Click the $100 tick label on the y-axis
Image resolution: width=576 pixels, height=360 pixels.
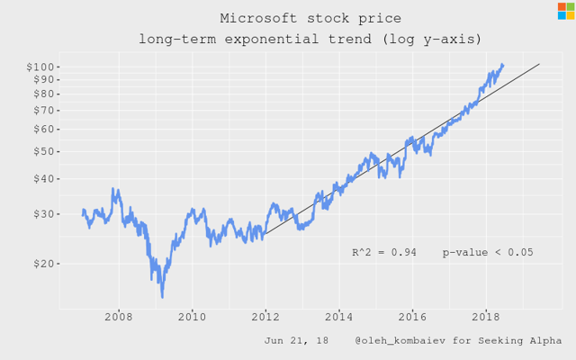(46, 67)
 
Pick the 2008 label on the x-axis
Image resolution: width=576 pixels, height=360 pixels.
(119, 317)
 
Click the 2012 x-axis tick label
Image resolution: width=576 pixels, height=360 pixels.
(265, 317)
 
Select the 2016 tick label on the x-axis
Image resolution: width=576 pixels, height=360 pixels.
(412, 317)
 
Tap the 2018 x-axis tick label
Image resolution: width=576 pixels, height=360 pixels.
(485, 317)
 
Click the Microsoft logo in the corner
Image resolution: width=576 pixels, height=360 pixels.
(565, 11)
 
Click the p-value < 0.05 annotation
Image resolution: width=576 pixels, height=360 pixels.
(487, 253)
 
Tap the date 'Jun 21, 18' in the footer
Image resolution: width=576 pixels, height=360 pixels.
(297, 341)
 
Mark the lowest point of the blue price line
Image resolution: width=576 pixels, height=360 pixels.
(162, 296)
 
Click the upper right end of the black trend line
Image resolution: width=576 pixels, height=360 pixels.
(539, 64)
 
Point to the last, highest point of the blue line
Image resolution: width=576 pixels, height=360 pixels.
(503, 64)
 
